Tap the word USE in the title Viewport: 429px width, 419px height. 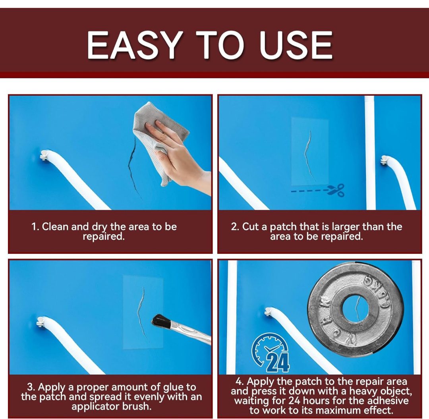296,45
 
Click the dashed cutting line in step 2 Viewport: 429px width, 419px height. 309,191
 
